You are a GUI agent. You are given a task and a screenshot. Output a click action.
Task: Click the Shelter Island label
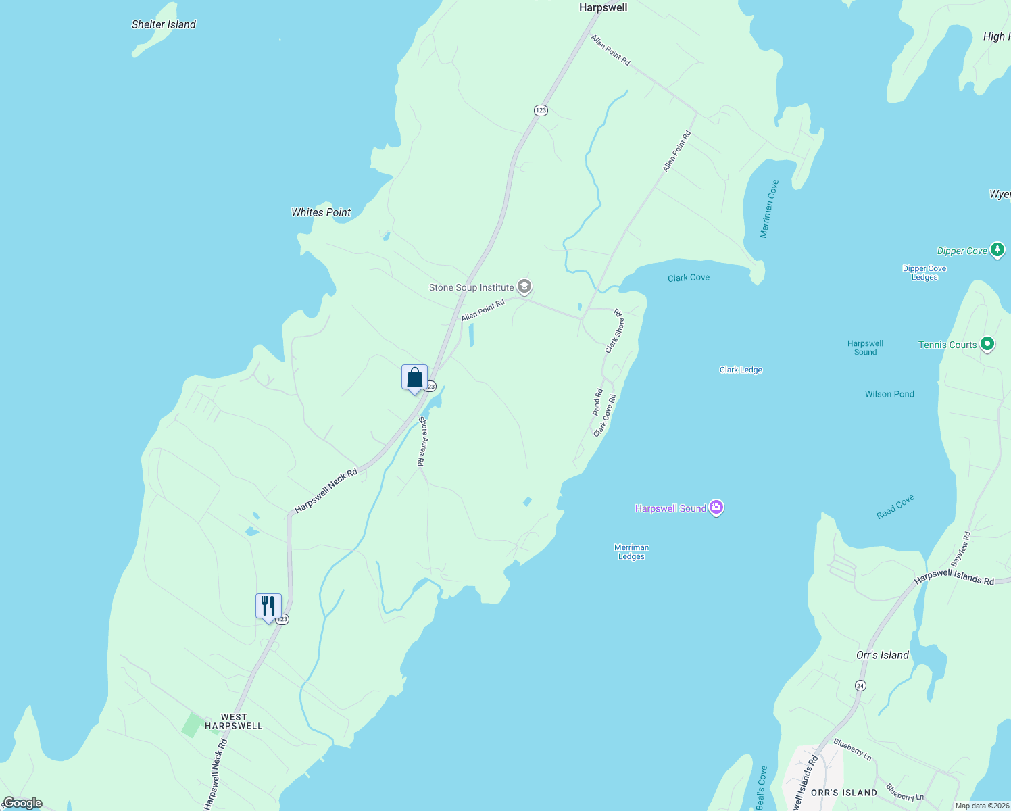164,24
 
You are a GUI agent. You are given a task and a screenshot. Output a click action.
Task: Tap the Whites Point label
321,212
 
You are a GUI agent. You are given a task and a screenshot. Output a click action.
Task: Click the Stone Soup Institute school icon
524,287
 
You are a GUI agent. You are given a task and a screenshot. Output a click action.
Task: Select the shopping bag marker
414,378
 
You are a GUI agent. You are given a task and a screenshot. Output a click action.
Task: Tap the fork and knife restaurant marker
268,606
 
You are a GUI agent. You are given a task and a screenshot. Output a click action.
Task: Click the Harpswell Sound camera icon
716,508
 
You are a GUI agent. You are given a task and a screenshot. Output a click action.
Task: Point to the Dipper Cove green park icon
997,250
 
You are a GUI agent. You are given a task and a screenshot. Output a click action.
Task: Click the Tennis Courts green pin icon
987,344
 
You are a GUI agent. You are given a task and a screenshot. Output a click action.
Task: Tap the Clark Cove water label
689,278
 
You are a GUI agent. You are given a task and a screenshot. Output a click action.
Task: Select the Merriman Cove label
769,209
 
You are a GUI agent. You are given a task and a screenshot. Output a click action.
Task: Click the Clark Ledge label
741,370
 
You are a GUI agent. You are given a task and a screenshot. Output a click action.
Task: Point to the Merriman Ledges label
631,552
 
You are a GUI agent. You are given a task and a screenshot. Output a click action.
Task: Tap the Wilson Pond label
889,394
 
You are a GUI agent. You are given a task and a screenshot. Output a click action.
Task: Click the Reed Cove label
895,506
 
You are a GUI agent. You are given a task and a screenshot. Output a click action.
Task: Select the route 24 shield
860,685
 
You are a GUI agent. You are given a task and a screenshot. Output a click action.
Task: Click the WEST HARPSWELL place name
234,721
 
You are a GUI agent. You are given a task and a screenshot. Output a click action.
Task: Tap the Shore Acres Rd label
422,441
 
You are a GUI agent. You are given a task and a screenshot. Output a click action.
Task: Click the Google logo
22,803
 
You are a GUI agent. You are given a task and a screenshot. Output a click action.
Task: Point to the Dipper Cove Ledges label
924,272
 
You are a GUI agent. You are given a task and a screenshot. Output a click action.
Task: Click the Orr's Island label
882,655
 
